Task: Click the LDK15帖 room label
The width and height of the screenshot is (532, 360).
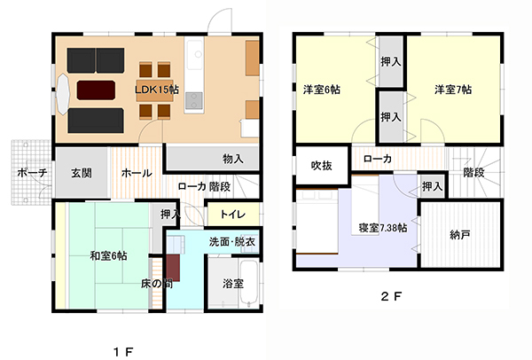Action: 157,90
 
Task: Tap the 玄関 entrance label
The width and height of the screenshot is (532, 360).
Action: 82,173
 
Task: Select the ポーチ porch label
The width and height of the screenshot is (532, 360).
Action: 32,173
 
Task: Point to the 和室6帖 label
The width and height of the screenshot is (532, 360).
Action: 108,255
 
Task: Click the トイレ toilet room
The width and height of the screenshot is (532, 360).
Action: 233,215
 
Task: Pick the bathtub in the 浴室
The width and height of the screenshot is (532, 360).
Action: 249,284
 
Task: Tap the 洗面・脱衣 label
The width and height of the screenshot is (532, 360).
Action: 232,242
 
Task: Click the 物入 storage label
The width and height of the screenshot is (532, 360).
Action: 232,159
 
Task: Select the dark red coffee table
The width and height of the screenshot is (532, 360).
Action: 96,90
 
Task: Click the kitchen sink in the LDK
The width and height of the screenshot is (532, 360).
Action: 194,55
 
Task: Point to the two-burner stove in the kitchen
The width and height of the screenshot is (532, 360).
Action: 194,100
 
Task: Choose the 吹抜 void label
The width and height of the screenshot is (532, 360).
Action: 321,166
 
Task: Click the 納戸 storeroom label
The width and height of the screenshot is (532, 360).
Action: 460,235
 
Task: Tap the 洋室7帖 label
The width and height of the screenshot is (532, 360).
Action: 453,90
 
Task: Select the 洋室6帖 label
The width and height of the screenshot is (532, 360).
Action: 321,90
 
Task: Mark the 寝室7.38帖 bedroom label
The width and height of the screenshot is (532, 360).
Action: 383,228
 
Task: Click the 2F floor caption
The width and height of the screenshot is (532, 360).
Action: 391,297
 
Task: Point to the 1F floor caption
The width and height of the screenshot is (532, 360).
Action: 123,352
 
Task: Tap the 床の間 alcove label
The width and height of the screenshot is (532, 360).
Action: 157,284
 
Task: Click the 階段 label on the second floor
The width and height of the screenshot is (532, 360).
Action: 473,173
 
